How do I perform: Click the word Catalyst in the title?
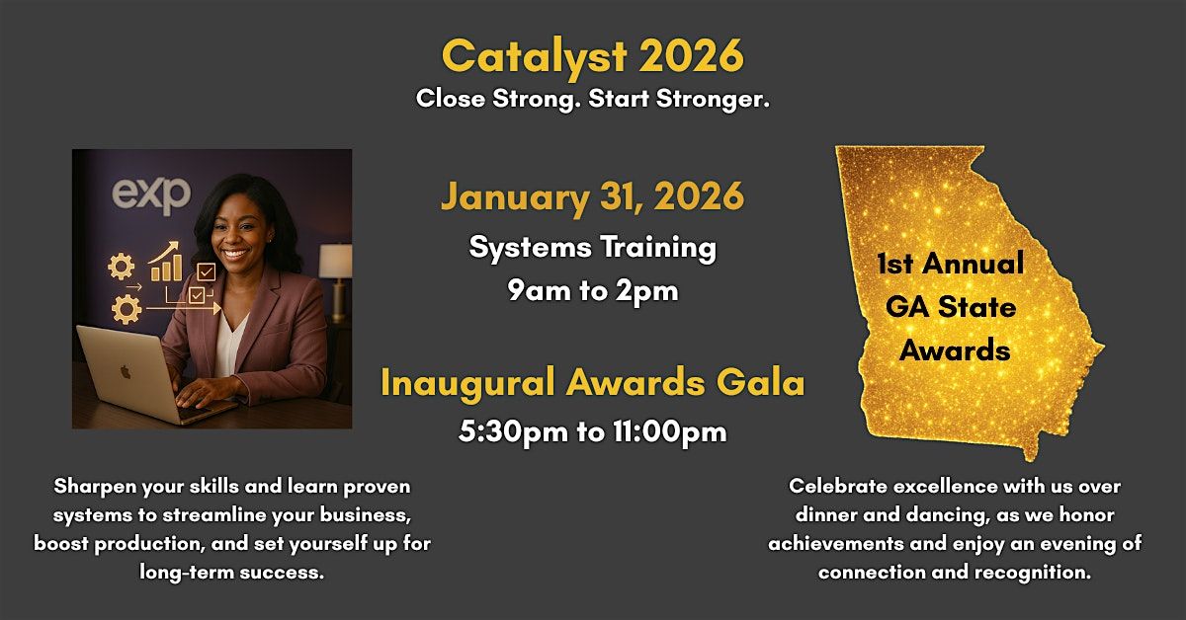pos(535,56)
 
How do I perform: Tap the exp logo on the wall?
pos(151,195)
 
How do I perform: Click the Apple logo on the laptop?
pos(125,372)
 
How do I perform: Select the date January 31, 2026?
pos(592,197)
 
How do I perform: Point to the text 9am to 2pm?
pos(592,290)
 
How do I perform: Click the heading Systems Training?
pos(592,248)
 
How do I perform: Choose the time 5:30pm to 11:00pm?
pos(592,431)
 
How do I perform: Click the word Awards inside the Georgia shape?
pos(955,350)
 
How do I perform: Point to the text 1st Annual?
pos(950,264)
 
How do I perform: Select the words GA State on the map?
pos(951,307)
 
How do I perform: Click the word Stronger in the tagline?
pos(713,99)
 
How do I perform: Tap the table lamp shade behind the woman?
pos(335,261)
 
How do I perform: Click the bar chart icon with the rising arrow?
pos(165,262)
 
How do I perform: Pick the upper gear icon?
pos(122,267)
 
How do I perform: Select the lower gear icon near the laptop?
pos(127,309)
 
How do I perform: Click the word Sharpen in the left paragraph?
pos(95,487)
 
